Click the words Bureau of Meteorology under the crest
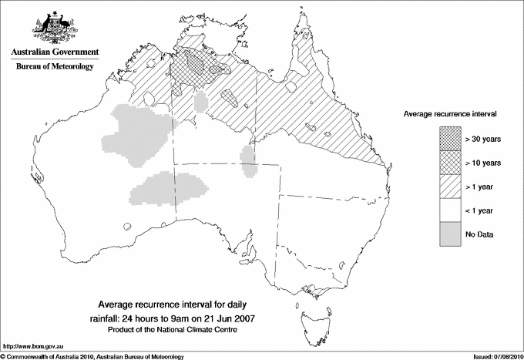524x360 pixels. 54,66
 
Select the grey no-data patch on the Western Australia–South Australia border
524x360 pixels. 173,190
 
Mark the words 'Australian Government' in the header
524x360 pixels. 54,52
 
